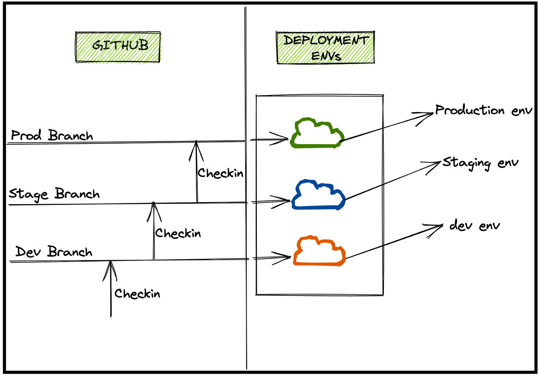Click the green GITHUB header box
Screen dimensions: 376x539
[x=118, y=47]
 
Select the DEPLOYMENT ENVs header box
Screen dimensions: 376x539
[x=325, y=47]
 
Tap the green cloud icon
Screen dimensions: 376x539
[x=317, y=134]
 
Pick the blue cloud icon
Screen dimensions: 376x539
[x=318, y=195]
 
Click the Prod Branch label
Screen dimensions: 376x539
[x=52, y=136]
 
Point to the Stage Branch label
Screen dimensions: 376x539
[x=54, y=194]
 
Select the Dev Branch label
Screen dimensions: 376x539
[x=54, y=252]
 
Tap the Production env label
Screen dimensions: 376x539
[x=484, y=111]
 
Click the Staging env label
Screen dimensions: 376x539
[x=480, y=163]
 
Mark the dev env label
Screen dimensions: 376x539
[x=475, y=225]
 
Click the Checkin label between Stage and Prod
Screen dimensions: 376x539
[x=220, y=173]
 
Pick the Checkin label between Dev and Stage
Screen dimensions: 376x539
[x=178, y=233]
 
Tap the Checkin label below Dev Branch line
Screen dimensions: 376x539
[x=137, y=294]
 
